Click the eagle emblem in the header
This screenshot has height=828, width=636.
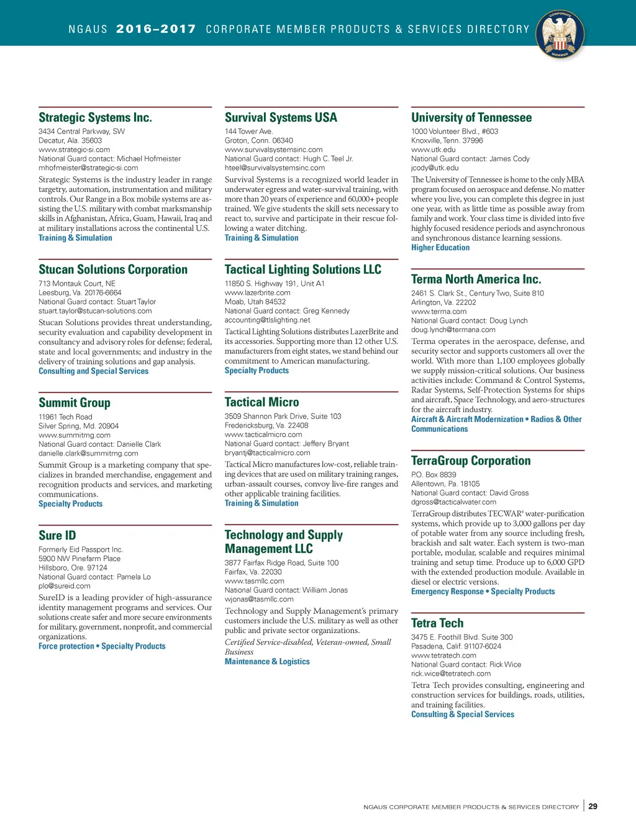[560, 35]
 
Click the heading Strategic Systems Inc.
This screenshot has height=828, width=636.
[95, 117]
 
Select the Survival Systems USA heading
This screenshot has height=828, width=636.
[281, 117]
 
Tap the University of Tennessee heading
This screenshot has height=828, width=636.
[471, 117]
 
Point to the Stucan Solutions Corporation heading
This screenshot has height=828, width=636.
[113, 269]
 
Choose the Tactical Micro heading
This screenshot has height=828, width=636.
[261, 402]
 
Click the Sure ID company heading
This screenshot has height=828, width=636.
[57, 535]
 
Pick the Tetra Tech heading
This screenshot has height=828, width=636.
[437, 623]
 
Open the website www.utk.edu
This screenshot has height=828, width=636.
[433, 150]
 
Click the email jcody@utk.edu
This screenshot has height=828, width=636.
[435, 168]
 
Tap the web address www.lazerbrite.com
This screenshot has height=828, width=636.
[257, 292]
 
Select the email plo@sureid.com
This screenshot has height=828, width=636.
[65, 586]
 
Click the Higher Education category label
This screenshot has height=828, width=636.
[440, 248]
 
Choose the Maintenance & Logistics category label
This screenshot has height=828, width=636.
[267, 662]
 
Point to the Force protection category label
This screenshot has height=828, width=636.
[66, 646]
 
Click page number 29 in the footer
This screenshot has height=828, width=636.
[593, 806]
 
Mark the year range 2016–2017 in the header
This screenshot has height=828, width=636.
[156, 29]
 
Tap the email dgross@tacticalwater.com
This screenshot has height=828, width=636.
[453, 502]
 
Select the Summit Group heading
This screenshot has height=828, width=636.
[75, 403]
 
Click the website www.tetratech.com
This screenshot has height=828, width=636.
[443, 655]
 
